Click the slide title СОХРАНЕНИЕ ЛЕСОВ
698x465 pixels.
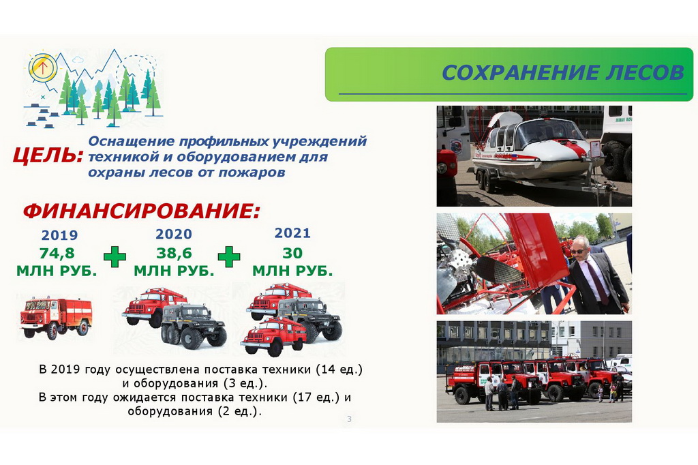[562, 72]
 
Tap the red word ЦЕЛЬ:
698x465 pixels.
[48, 155]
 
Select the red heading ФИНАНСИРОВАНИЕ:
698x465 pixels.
[141, 211]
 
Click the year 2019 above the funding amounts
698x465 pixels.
[59, 235]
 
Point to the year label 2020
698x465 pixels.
[174, 234]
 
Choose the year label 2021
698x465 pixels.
[292, 233]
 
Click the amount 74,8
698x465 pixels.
[57, 253]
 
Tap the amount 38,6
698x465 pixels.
[174, 253]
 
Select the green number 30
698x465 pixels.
[292, 253]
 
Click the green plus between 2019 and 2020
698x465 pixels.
[115, 257]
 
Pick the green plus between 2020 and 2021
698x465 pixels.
[229, 257]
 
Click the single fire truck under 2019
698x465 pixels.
[56, 318]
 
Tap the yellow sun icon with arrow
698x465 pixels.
[43, 67]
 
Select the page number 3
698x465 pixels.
[350, 419]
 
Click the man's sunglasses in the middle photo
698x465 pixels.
[577, 251]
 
